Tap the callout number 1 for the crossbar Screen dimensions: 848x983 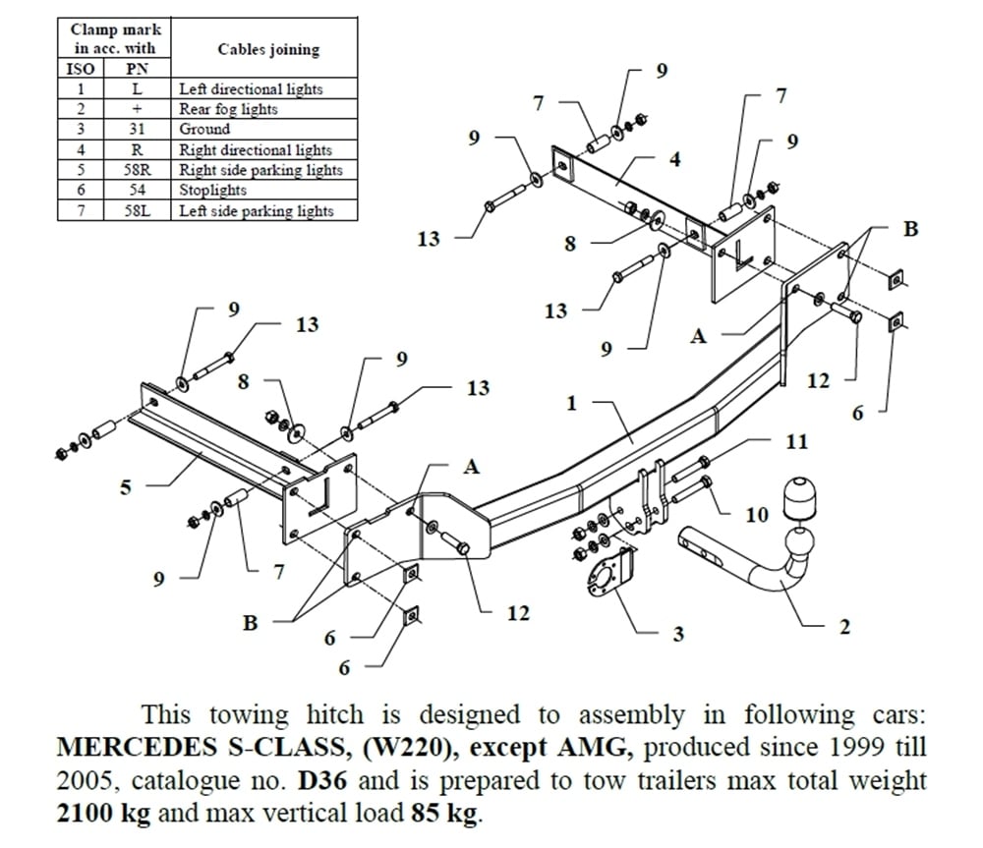[x=572, y=403]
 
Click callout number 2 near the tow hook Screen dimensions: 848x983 [x=844, y=627]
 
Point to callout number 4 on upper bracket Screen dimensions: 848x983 [x=674, y=159]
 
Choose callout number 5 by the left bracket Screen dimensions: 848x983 [x=125, y=487]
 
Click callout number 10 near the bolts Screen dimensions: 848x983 [x=756, y=515]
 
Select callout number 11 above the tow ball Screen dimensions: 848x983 [x=797, y=441]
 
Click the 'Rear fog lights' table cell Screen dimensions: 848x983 [x=228, y=109]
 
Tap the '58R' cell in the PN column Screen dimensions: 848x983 [x=137, y=170]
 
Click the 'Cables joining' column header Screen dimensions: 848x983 [x=267, y=49]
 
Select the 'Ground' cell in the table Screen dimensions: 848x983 [x=204, y=129]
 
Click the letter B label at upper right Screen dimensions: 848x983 [x=910, y=229]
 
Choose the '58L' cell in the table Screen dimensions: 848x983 [x=137, y=210]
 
